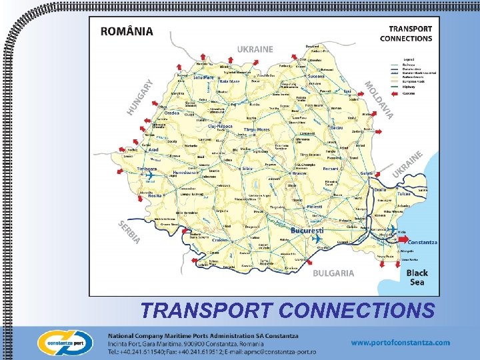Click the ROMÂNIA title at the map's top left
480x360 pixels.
point(127,31)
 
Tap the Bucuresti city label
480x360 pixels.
point(306,229)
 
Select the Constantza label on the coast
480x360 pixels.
point(422,242)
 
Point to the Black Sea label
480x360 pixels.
point(417,277)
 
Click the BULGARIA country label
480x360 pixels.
point(334,273)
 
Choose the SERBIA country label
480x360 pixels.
point(129,231)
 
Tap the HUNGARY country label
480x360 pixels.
point(140,95)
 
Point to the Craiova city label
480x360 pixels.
point(221,240)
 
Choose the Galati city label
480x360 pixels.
point(365,173)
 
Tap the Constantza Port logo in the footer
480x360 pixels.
point(65,342)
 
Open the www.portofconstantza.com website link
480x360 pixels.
point(400,342)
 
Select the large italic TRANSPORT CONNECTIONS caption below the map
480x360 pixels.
point(287,310)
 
